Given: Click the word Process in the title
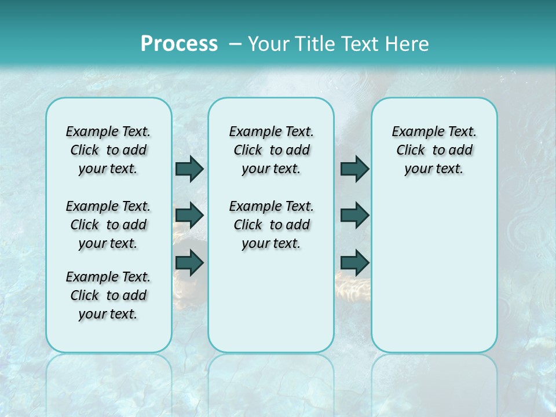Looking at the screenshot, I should pos(179,43).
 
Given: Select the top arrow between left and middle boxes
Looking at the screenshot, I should pos(189,169).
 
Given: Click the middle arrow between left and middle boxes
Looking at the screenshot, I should pos(189,215).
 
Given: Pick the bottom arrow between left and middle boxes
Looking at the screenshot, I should pos(189,262).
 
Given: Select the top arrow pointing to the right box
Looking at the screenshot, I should pos(354,169).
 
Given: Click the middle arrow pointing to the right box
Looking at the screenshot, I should pos(354,215).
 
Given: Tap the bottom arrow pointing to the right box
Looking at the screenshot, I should pos(354,262).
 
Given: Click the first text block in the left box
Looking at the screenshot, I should pos(108,150).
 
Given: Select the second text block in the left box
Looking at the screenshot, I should pos(108,225).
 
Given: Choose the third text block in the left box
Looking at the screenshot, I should pos(108,295).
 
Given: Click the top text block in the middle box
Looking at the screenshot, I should pos(271,150).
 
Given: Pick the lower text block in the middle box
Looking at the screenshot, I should pos(271,225).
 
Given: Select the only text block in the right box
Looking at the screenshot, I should pos(434,150).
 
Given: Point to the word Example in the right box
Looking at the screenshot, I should pos(414,132).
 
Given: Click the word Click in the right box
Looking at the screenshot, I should pos(411,150).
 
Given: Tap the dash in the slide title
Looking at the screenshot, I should pos(235,43).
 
